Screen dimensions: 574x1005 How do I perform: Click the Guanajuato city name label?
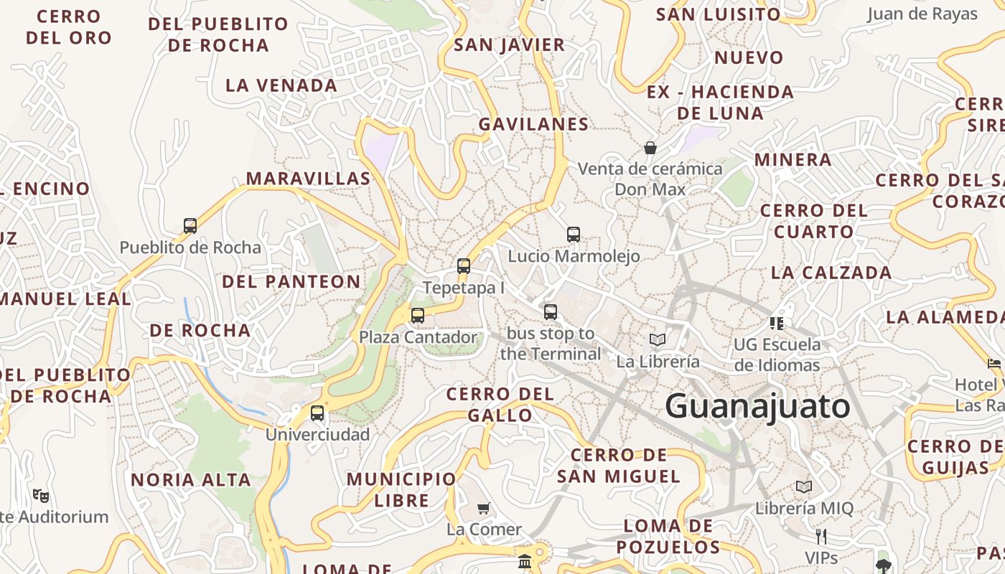click(757, 407)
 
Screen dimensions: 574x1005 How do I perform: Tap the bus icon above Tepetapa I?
click(464, 266)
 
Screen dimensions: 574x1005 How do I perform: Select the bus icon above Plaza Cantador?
click(417, 315)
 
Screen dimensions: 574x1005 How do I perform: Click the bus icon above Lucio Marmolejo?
click(573, 234)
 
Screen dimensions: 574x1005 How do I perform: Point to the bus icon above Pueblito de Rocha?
click(190, 225)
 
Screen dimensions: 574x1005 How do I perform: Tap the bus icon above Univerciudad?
click(317, 413)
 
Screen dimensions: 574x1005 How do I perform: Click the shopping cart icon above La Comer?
click(484, 508)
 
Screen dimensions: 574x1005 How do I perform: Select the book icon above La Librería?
click(658, 339)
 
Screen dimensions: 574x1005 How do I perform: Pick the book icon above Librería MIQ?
click(804, 486)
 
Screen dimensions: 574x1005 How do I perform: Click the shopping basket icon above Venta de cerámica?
click(650, 148)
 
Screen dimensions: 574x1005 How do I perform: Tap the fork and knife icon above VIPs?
click(821, 536)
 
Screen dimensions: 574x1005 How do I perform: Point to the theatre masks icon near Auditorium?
click(41, 494)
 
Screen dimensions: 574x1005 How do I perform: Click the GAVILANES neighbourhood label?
click(533, 124)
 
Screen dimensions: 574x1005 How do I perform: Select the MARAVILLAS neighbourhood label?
click(309, 178)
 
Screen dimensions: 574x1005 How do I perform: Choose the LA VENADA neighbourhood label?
click(281, 85)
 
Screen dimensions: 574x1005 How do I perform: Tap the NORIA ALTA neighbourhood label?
click(191, 479)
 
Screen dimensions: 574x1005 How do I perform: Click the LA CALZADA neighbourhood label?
click(831, 273)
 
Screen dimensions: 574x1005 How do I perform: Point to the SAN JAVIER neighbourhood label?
click(510, 44)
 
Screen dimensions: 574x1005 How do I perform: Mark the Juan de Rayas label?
click(922, 14)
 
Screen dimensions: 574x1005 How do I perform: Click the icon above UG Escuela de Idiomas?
click(776, 323)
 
